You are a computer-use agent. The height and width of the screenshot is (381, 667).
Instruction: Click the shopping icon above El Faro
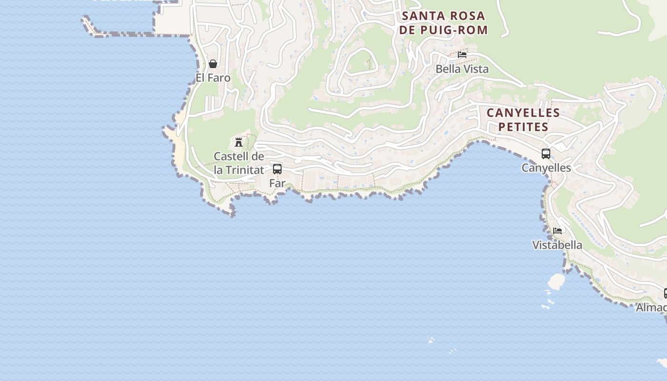click(x=213, y=64)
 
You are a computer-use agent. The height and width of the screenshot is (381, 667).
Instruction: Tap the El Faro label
click(x=213, y=78)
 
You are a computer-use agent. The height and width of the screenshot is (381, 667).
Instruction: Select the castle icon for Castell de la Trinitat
click(x=239, y=142)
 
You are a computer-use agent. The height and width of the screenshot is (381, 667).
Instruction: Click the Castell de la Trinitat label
click(x=239, y=163)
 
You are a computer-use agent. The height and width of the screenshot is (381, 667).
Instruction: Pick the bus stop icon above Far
click(x=277, y=169)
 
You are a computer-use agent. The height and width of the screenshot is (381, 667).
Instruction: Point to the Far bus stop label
click(x=277, y=183)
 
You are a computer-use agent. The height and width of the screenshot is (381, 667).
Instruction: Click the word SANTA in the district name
click(x=421, y=16)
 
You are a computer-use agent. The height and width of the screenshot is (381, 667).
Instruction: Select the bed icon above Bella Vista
click(x=462, y=55)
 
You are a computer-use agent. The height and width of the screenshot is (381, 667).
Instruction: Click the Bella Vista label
click(x=462, y=69)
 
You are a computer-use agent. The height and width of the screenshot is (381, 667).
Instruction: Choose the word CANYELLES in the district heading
click(x=523, y=113)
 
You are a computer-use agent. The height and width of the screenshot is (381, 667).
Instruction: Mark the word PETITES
click(x=523, y=127)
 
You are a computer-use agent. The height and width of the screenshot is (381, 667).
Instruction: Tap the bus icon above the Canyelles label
click(x=546, y=154)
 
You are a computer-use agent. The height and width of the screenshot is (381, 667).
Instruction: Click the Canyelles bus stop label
click(x=546, y=168)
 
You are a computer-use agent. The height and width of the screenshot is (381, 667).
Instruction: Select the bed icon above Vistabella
click(x=557, y=231)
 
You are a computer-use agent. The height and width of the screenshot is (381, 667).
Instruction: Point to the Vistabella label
click(x=557, y=245)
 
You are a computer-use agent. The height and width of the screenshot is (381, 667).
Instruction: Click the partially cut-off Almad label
click(x=651, y=308)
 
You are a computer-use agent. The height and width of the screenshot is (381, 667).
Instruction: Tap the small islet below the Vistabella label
click(x=556, y=281)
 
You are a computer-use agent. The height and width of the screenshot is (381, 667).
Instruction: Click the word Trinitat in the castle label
click(x=245, y=170)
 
